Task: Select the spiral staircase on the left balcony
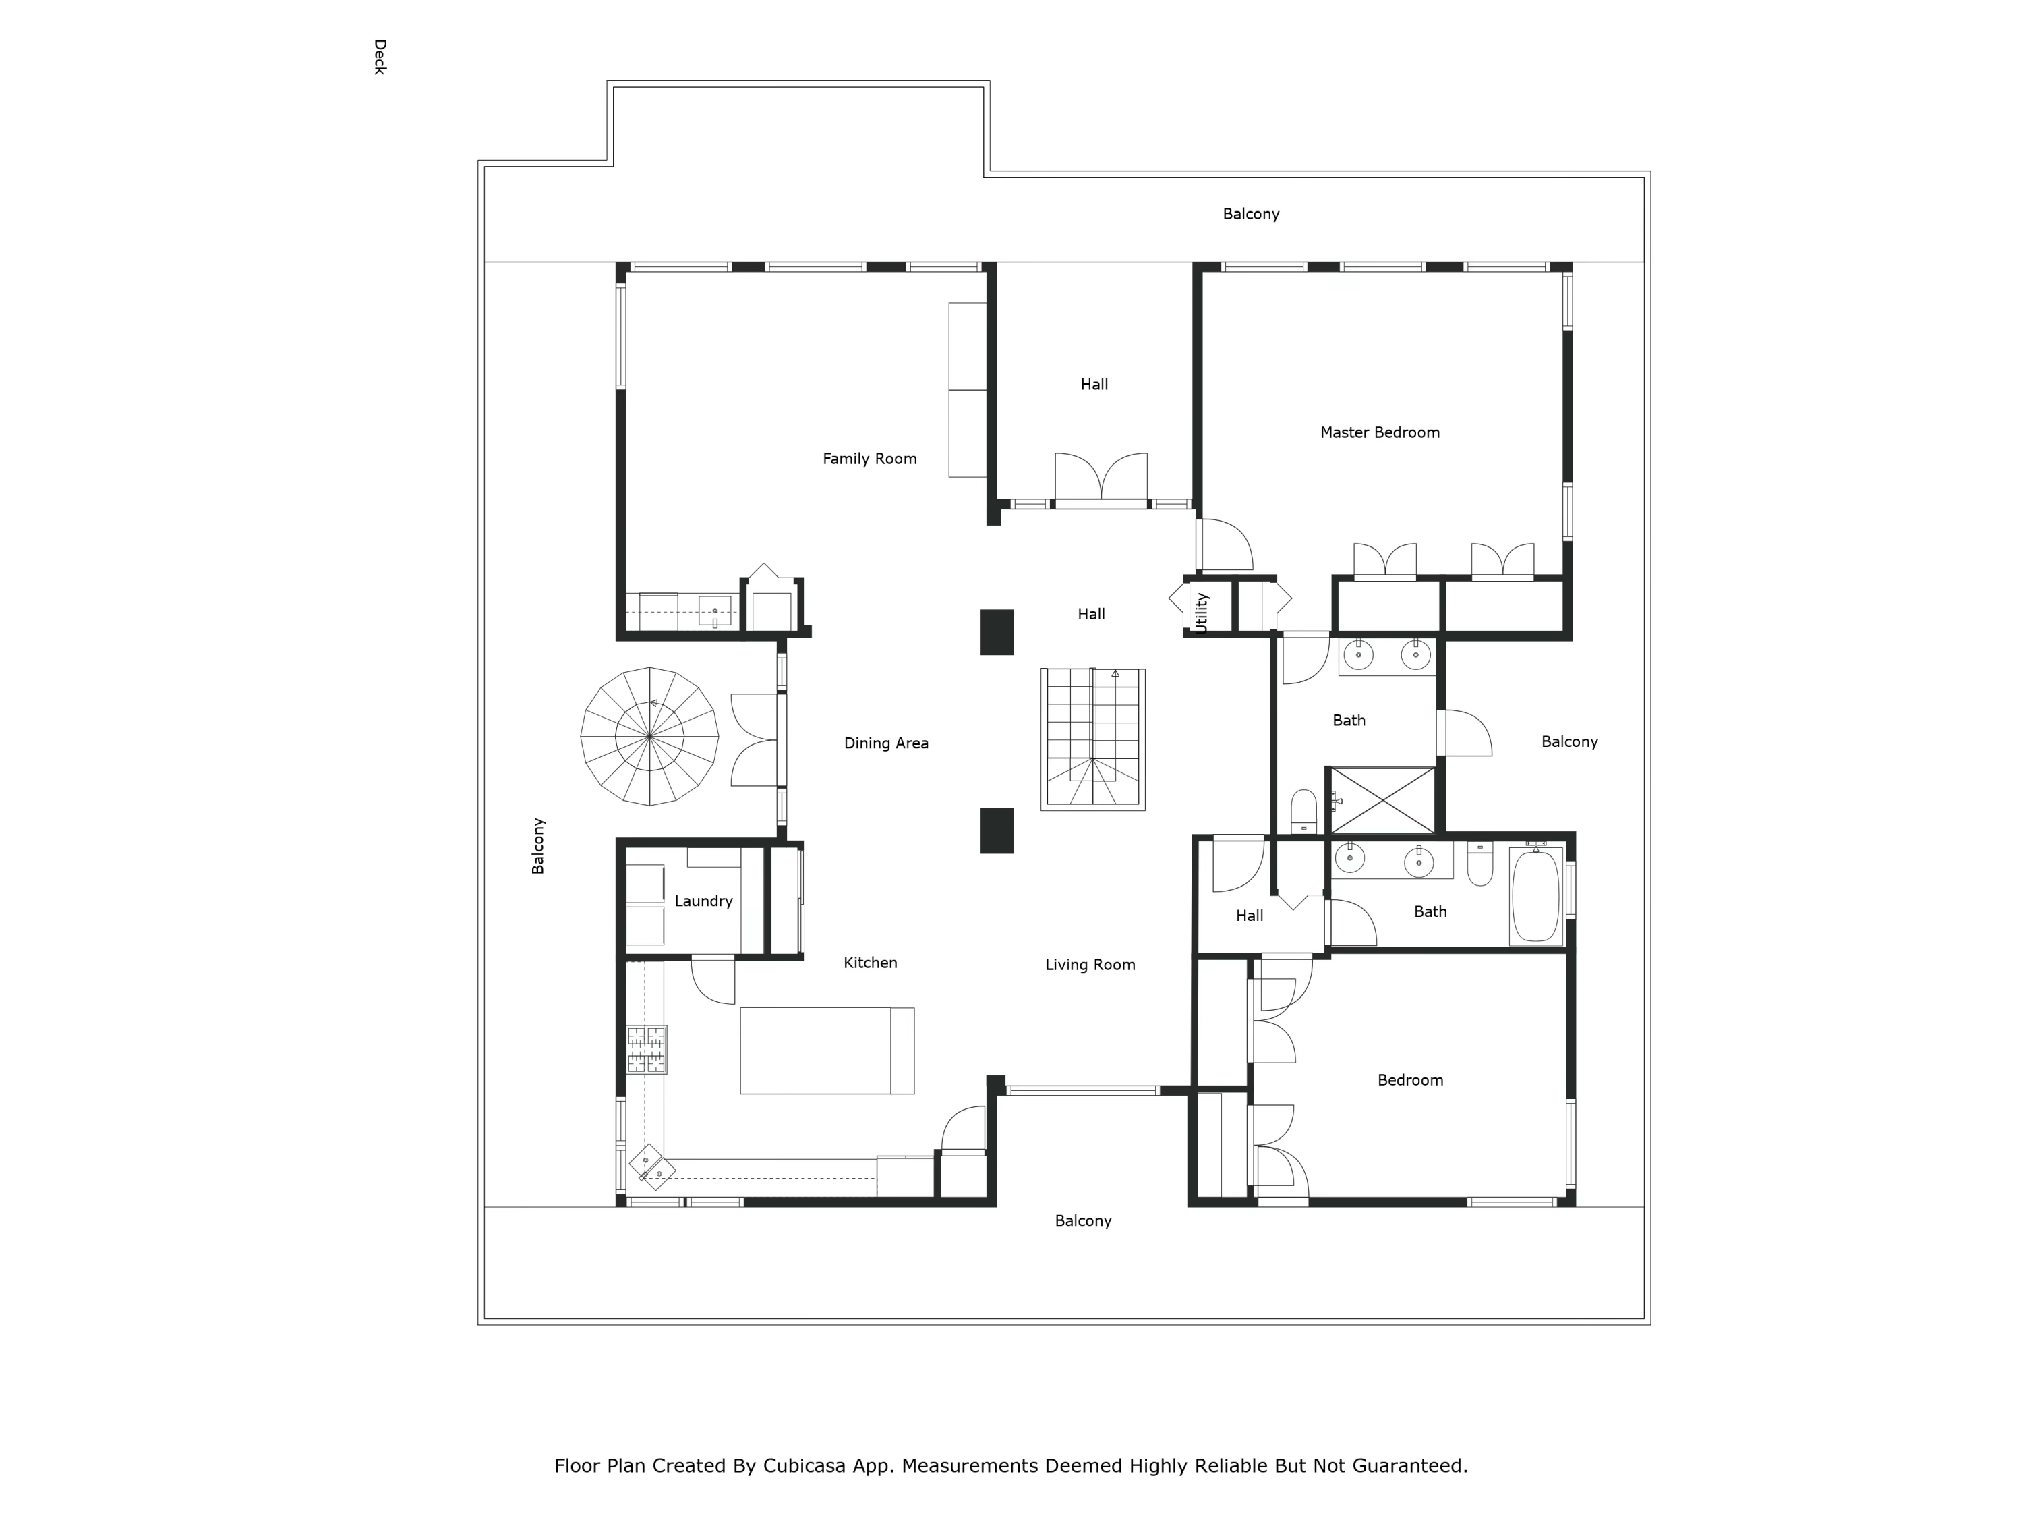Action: point(649,735)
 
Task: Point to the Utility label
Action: point(1202,612)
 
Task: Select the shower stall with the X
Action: point(1382,799)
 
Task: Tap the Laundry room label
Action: point(703,901)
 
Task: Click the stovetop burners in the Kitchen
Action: point(646,1050)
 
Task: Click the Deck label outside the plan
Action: point(380,57)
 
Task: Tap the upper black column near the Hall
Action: point(996,632)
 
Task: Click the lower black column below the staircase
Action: point(996,831)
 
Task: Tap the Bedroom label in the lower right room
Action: point(1409,1081)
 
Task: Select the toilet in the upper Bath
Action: point(1303,811)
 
